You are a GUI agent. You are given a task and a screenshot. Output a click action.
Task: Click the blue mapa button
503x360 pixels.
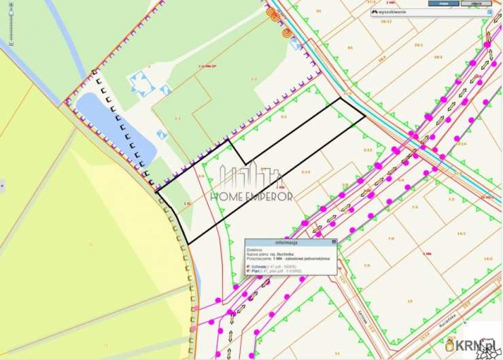(444, 3)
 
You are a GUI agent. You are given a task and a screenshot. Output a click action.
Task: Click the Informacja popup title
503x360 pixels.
(287, 242)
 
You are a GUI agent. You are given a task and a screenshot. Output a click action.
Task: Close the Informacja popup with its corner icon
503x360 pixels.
(333, 242)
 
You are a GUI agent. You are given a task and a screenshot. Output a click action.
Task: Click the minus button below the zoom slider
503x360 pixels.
(11, 43)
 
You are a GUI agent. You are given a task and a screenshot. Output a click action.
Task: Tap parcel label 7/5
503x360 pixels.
(367, 265)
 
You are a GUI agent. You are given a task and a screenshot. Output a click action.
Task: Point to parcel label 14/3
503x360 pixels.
(462, 233)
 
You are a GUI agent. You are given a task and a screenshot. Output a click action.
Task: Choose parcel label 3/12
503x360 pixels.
(368, 150)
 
